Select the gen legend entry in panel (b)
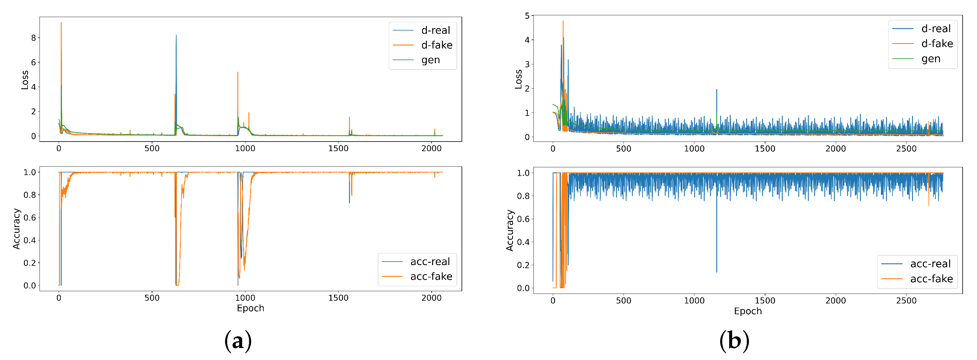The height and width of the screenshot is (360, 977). [x=931, y=59]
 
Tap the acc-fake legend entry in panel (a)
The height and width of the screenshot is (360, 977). [x=431, y=277]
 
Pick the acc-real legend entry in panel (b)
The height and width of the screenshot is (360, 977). [x=930, y=264]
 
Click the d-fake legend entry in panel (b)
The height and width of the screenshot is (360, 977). [x=937, y=44]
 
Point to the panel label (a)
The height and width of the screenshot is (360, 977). [x=238, y=340]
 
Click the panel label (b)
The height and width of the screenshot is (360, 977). [x=734, y=340]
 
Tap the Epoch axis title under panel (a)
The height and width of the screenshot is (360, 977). [x=250, y=308]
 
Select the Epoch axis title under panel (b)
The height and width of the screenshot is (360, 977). [x=747, y=311]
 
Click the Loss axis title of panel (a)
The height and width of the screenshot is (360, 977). [x=25, y=80]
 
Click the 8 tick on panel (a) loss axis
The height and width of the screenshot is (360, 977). [x=34, y=38]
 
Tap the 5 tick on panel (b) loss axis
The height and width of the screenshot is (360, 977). [x=527, y=16]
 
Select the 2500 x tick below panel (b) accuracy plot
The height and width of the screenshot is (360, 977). [x=906, y=300]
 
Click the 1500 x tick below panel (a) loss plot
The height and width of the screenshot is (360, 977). [x=338, y=148]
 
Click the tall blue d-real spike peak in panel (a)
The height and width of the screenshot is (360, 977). [x=176, y=36]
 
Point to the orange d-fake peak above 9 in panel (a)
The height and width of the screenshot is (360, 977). [x=61, y=23]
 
